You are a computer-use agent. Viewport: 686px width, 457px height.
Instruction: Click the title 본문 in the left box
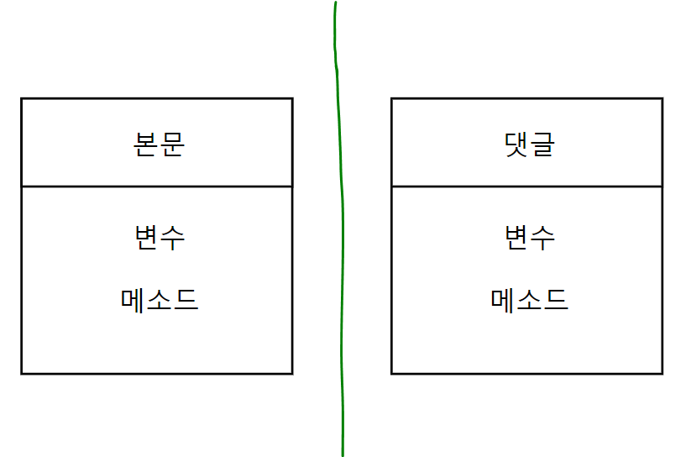(x=159, y=144)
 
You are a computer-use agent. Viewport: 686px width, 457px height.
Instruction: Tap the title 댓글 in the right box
(x=529, y=144)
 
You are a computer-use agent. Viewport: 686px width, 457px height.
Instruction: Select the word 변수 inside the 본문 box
(x=159, y=238)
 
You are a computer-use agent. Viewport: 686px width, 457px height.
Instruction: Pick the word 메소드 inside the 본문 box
(x=160, y=299)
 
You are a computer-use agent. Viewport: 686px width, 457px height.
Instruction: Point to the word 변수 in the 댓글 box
(x=530, y=238)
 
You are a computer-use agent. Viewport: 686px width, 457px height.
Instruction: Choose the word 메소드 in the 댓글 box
(x=530, y=299)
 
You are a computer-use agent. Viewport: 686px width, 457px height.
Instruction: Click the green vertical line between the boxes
(x=342, y=252)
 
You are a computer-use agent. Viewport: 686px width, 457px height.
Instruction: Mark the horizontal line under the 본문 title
(x=157, y=186)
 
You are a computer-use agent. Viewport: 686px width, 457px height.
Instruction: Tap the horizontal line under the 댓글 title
(x=527, y=186)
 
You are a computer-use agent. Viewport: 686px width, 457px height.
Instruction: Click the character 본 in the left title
(x=146, y=144)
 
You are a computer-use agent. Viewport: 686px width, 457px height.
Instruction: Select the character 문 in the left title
(x=171, y=144)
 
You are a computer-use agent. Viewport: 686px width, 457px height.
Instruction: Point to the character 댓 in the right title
(x=516, y=144)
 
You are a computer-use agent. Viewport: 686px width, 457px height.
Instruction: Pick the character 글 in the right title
(x=542, y=144)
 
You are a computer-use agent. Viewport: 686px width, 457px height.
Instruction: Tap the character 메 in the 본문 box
(x=134, y=299)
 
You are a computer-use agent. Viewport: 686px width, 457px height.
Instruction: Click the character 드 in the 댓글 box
(x=556, y=299)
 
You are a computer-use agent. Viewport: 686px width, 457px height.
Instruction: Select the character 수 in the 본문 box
(x=172, y=238)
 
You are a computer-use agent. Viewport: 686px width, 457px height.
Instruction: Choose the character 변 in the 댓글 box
(x=517, y=238)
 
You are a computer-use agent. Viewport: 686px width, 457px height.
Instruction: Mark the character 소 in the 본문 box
(x=160, y=299)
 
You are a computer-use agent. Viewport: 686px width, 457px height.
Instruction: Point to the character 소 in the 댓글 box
(x=530, y=299)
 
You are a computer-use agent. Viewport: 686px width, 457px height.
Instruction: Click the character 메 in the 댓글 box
(x=504, y=299)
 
